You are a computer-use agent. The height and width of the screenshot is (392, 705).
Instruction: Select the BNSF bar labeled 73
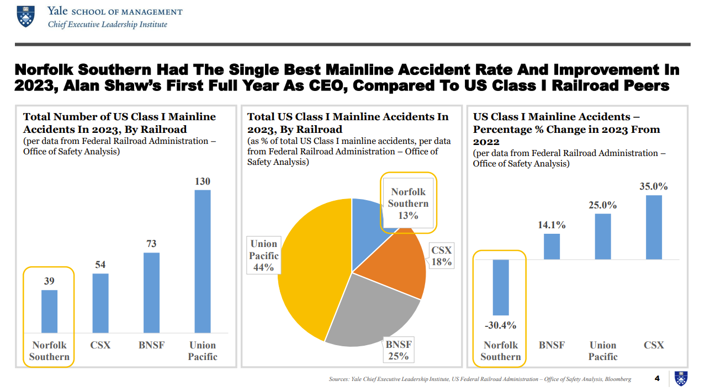click(x=151, y=292)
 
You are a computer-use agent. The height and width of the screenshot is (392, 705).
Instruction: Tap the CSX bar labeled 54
click(x=100, y=303)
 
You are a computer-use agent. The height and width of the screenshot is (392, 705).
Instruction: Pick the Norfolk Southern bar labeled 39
click(x=50, y=311)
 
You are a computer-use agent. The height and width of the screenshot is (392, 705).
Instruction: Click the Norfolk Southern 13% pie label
click(x=408, y=203)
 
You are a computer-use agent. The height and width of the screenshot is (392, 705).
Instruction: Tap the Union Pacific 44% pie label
click(x=264, y=255)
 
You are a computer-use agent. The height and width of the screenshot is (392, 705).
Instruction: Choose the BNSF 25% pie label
click(x=398, y=350)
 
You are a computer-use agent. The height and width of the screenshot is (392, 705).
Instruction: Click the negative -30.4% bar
click(x=501, y=287)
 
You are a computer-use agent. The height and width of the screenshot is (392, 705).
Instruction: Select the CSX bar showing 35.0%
click(x=654, y=227)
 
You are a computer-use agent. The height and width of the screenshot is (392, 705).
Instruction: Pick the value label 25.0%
click(x=603, y=205)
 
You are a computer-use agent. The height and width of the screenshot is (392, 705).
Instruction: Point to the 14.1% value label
click(x=552, y=225)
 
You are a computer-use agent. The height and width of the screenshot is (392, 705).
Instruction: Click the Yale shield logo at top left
click(x=25, y=16)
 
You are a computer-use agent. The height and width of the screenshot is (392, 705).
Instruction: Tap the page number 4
click(x=657, y=378)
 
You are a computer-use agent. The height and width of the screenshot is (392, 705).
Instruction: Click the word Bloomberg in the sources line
click(x=617, y=379)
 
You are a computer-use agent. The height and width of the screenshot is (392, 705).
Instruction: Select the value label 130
click(x=203, y=181)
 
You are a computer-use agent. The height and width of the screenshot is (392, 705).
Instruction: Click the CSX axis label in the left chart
click(x=100, y=345)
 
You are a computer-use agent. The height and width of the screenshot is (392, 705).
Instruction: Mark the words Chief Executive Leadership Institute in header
click(x=108, y=24)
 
